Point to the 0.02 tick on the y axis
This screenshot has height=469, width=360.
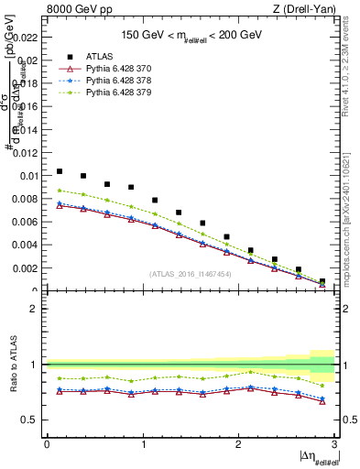(x=28, y=60)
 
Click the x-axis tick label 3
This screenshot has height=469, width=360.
(x=335, y=444)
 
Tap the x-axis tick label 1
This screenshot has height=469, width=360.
(x=143, y=444)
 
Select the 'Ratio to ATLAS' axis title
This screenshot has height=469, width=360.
(x=12, y=364)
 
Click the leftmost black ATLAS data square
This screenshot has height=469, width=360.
(x=60, y=171)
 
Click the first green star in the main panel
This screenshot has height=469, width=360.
(x=60, y=191)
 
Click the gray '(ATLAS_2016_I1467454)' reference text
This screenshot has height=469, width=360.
(x=191, y=274)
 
